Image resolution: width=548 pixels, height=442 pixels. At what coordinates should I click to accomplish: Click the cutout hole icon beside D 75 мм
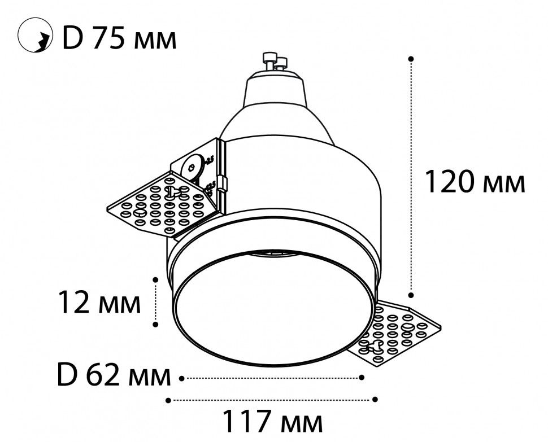pyautogui.click(x=32, y=38)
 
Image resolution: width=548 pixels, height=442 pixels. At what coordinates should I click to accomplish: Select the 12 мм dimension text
pyautogui.click(x=99, y=304)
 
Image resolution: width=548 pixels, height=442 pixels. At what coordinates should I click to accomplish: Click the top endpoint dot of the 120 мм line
pyautogui.click(x=411, y=58)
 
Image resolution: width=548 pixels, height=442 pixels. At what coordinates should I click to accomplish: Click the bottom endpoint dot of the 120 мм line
pyautogui.click(x=411, y=294)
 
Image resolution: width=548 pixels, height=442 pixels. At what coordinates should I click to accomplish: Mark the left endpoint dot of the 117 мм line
pyautogui.click(x=168, y=400)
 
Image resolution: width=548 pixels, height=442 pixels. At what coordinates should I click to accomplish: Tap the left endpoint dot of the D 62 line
pyautogui.click(x=181, y=377)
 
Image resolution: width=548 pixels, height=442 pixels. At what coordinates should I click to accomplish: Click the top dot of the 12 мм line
pyautogui.click(x=155, y=278)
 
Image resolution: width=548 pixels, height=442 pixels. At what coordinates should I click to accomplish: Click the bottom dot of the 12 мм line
pyautogui.click(x=155, y=324)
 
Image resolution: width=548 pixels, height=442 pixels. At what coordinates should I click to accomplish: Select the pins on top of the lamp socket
pyautogui.click(x=275, y=61)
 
